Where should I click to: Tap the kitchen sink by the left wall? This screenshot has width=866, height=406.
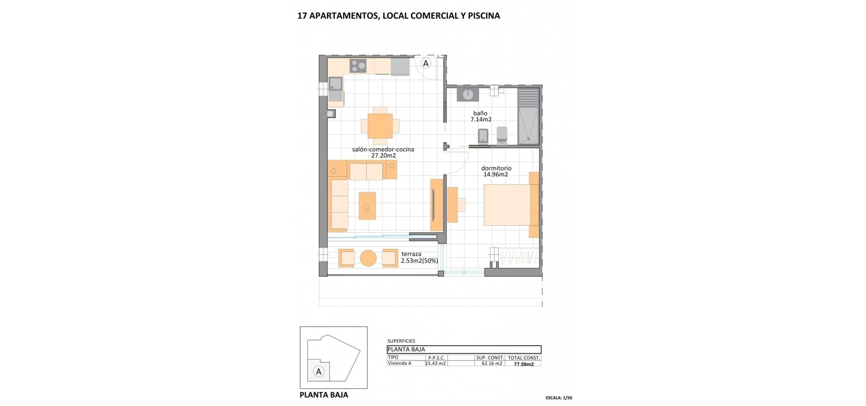pyautogui.click(x=65, y=89)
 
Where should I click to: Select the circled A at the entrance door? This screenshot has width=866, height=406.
pyautogui.click(x=426, y=64)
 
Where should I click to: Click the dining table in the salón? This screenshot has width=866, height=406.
pyautogui.click(x=380, y=126)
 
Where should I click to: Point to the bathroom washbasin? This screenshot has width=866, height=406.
pyautogui.click(x=468, y=94)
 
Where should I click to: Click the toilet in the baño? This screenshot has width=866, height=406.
pyautogui.click(x=502, y=135)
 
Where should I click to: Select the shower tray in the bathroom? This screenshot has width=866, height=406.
pyautogui.click(x=528, y=116)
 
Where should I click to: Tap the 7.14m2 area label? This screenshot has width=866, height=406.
pyautogui.click(x=481, y=120)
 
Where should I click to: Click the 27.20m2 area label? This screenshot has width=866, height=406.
pyautogui.click(x=383, y=155)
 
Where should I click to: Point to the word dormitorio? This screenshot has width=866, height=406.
pyautogui.click(x=497, y=168)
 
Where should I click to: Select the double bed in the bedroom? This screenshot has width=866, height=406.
pyautogui.click(x=511, y=205)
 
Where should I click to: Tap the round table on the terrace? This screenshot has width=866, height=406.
pyautogui.click(x=368, y=258)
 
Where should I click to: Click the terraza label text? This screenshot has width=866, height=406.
pyautogui.click(x=412, y=254)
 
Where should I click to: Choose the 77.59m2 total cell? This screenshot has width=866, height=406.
pyautogui.click(x=524, y=364)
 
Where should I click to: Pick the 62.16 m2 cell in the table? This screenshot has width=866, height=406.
pyautogui.click(x=492, y=363)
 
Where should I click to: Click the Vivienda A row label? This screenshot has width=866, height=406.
pyautogui.click(x=399, y=363)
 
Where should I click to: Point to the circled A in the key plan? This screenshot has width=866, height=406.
pyautogui.click(x=319, y=372)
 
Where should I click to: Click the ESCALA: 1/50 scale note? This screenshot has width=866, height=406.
pyautogui.click(x=559, y=397)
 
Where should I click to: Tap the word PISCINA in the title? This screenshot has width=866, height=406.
pyautogui.click(x=484, y=16)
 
